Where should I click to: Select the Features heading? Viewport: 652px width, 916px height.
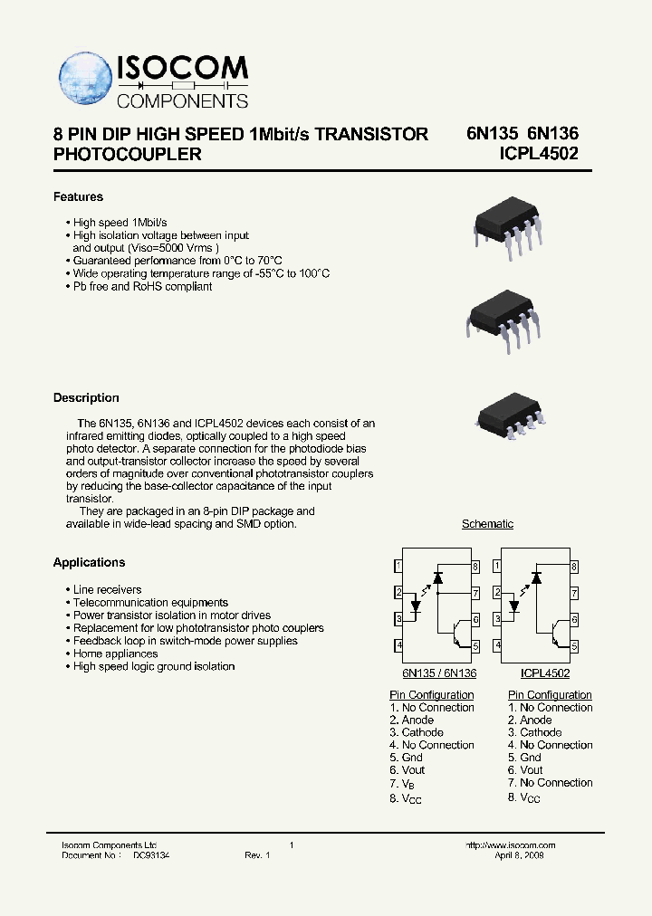pos(78,196)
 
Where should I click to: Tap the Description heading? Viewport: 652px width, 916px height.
pos(86,397)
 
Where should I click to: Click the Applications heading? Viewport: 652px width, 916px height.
pos(89,562)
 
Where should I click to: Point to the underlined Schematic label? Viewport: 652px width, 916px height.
pos(487,524)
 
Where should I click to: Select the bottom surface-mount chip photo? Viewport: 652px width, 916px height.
pos(508,416)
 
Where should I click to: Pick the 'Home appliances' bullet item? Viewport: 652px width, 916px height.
pos(115,654)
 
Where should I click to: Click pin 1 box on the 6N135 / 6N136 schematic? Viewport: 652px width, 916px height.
pos(398,567)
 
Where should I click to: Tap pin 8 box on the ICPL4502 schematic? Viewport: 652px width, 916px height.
pos(574,567)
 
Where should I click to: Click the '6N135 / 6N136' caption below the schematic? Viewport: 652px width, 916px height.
pos(439,673)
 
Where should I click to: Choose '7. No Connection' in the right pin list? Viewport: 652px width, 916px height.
pos(550,782)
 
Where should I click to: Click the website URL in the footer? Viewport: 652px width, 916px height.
pos(510,845)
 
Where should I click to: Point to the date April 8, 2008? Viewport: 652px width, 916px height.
pos(521,855)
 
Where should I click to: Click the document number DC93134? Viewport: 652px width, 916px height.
pos(151,855)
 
